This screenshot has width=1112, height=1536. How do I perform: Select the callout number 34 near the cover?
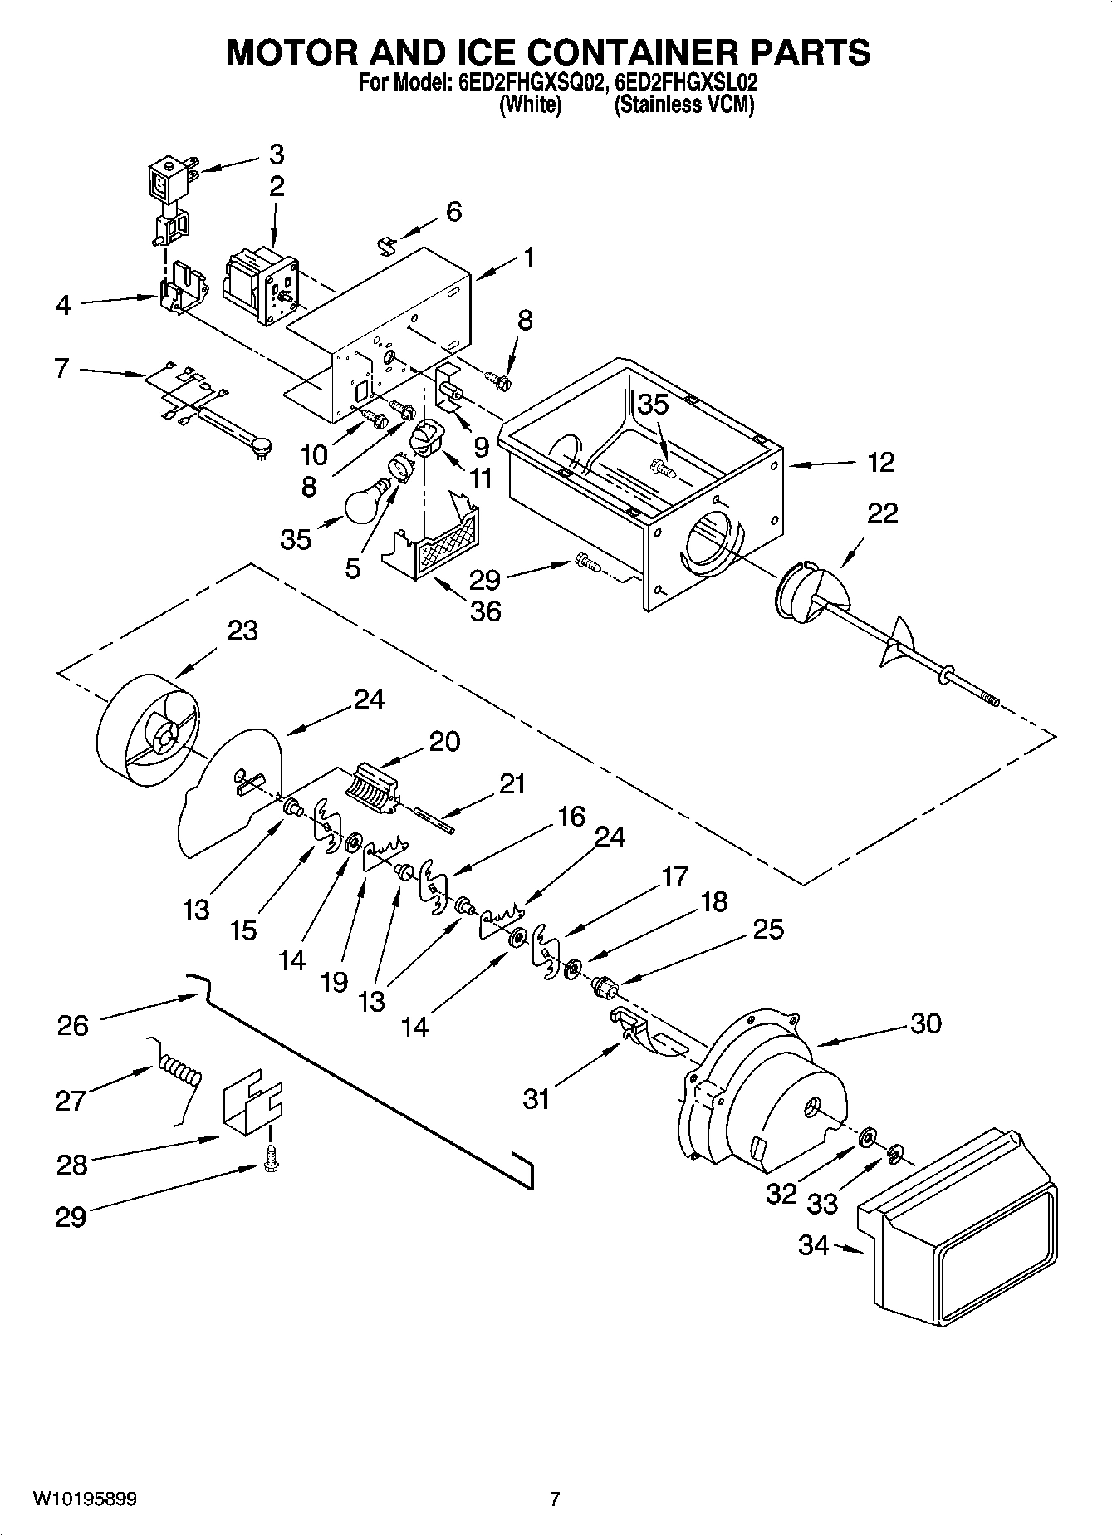814,1245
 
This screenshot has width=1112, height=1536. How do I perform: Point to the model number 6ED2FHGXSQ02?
529,84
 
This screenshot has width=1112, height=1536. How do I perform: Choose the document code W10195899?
85,1499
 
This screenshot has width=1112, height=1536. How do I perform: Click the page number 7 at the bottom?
555,1499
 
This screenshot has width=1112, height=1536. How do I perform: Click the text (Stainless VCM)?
683,106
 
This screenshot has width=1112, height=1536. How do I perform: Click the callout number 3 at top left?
276,155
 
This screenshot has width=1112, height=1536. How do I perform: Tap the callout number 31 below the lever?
536,1099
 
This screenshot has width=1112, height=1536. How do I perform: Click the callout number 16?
571,817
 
